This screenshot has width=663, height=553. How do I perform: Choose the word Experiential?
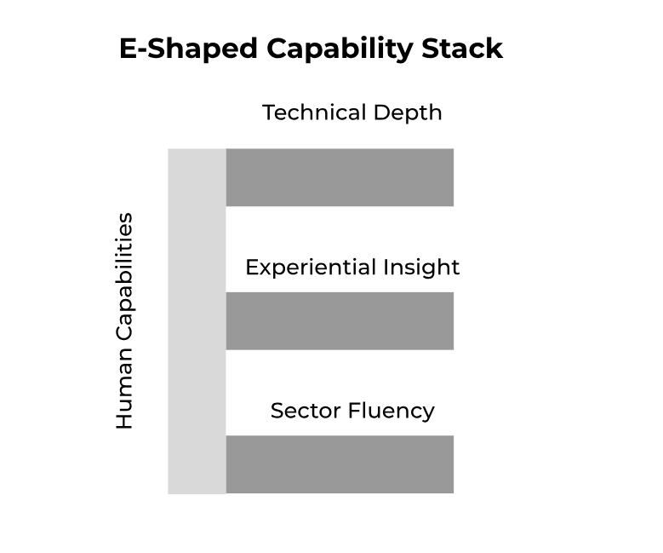point(310,268)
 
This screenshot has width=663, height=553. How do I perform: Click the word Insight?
point(421,268)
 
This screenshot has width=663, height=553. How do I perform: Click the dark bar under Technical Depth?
point(340,177)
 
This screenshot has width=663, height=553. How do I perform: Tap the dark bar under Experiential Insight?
point(340,320)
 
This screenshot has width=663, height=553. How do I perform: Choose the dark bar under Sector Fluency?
point(340,464)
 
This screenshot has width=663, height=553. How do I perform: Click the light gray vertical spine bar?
point(197,321)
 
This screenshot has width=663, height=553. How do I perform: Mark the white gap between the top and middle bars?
point(340,230)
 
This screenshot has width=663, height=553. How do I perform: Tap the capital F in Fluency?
point(355,411)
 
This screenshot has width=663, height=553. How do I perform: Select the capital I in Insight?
point(386,268)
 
